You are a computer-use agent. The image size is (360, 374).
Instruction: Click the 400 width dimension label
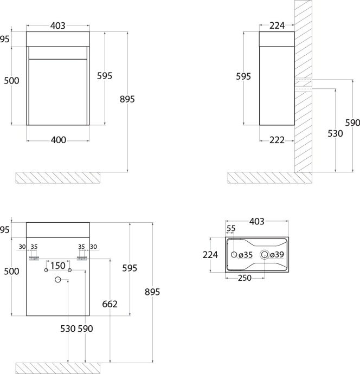point(59,140)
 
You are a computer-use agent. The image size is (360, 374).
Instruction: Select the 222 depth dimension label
point(277,140)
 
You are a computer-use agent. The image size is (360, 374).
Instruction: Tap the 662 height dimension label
point(110,304)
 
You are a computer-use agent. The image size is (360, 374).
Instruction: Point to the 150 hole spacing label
point(58,266)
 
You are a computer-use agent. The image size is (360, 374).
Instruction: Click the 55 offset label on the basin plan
point(231,229)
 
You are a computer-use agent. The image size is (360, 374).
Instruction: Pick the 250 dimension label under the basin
point(245,278)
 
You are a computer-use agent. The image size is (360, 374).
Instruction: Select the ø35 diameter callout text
point(246,255)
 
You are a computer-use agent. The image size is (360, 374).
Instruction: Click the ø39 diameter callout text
point(277,255)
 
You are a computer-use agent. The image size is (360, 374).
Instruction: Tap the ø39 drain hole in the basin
point(265,255)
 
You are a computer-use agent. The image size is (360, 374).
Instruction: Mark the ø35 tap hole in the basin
point(234,255)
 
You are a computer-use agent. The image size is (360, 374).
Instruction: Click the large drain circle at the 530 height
point(57,280)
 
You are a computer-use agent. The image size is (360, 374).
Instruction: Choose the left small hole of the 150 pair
point(46,270)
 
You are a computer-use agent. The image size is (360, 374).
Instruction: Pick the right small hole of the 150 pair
point(69,270)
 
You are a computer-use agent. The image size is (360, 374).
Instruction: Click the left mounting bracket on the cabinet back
point(34,259)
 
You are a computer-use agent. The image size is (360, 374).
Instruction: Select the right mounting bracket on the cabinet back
point(82,259)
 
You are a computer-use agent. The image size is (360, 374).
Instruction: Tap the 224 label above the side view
point(277,25)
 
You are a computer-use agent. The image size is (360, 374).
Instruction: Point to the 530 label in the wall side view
point(335,133)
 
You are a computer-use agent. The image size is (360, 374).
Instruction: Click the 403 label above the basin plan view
point(256,222)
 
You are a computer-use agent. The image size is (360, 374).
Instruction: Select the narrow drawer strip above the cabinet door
point(57,53)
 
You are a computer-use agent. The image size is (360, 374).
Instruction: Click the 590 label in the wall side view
point(352,123)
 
